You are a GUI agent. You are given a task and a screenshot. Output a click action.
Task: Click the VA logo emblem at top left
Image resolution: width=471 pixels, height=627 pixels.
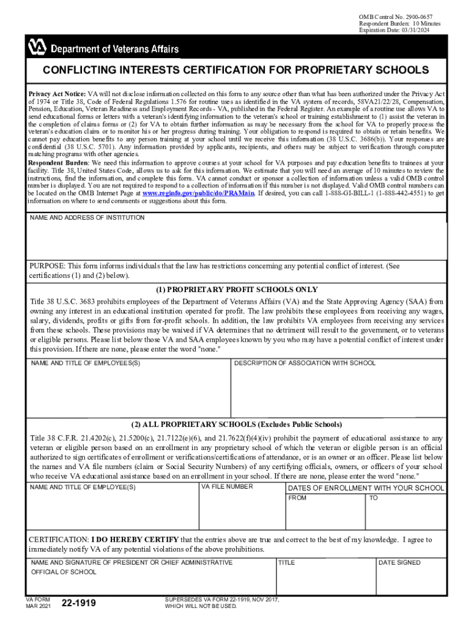coord(36,45)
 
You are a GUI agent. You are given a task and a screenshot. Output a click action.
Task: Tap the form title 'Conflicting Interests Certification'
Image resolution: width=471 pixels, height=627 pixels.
coord(236,70)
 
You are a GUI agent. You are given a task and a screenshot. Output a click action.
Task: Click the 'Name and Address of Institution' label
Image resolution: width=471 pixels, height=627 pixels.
coord(87,218)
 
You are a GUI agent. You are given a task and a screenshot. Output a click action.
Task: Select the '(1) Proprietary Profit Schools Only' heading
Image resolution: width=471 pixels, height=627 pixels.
coord(236,290)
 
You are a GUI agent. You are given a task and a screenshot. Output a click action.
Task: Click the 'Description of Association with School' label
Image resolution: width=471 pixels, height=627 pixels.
coord(305,363)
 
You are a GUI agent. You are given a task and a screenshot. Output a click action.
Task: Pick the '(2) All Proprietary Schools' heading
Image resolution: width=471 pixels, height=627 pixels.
coord(236,424)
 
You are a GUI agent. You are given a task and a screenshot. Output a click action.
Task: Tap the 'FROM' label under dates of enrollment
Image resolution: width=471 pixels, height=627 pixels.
coord(297,498)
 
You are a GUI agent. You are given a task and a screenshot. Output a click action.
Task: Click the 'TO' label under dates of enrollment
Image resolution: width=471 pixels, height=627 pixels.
coord(374,498)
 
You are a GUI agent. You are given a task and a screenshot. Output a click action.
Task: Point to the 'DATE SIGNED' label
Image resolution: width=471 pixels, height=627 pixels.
coord(400,562)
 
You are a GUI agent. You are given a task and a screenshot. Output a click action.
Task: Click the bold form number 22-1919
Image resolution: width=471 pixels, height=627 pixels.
coord(79,604)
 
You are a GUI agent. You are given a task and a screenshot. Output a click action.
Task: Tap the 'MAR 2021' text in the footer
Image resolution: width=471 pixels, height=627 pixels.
coord(37,606)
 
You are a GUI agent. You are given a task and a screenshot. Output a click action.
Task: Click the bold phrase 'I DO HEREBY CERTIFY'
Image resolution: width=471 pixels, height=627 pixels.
coord(135,539)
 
